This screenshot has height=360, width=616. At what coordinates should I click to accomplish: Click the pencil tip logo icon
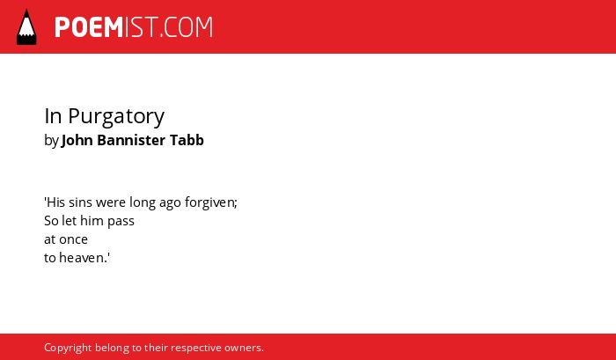[26, 27]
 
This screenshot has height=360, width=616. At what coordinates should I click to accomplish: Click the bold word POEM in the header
[89, 27]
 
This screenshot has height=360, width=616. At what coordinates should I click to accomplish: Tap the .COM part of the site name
[186, 27]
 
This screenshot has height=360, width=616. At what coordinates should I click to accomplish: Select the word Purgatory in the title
[116, 117]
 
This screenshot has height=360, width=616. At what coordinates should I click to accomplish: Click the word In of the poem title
[53, 116]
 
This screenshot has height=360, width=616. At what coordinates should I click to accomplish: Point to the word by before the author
[51, 141]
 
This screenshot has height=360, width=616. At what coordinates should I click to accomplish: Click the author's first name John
[77, 140]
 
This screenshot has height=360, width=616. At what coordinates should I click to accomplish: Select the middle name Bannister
[131, 140]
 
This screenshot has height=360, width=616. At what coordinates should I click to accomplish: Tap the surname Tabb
[187, 140]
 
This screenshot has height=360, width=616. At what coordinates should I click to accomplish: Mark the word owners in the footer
[242, 349]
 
